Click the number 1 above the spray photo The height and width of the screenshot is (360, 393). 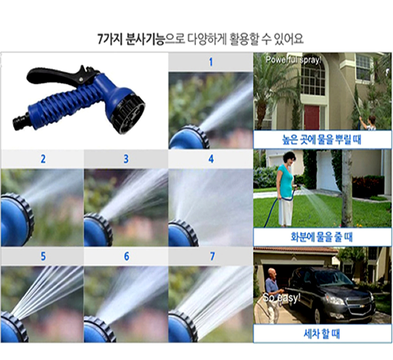coord(211,62)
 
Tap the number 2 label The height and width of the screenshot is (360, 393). coord(43,159)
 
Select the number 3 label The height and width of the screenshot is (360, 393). coord(126,159)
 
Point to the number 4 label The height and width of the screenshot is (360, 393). coord(211,159)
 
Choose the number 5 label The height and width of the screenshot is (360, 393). coord(43,256)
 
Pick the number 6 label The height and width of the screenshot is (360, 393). coord(127,256)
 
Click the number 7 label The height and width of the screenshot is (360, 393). coord(212,256)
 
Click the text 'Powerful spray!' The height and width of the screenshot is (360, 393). coord(293,60)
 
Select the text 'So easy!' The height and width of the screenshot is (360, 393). coord(281,298)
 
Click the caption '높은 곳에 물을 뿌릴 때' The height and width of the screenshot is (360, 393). coord(322,140)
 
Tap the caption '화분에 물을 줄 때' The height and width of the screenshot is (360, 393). coord(322,237)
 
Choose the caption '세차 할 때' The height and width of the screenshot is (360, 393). coord(322,334)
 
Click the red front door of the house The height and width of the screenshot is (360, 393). coord(312,118)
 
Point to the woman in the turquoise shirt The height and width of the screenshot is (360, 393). coord(285,189)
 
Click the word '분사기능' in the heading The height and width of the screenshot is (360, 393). coord(144,39)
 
